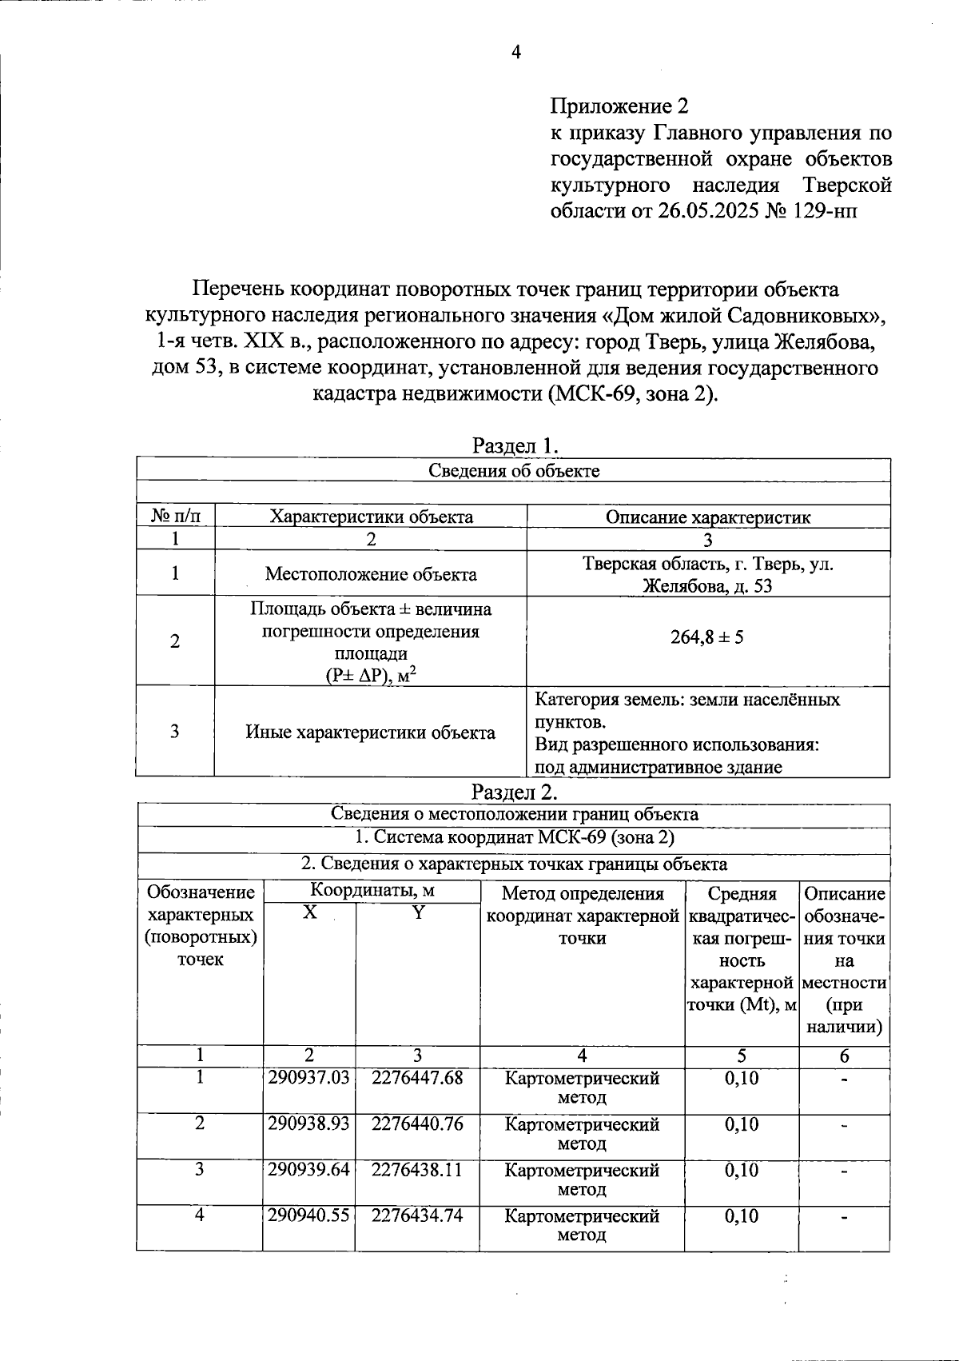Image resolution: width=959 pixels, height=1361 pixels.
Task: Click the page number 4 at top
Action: [x=515, y=53]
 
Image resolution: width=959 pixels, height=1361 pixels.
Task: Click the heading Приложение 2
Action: [x=619, y=106]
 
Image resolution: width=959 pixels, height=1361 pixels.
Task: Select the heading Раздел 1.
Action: [x=514, y=445]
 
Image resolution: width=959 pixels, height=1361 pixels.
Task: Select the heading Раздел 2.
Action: [x=514, y=792]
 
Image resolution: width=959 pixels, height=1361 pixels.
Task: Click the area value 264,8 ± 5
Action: [x=707, y=638]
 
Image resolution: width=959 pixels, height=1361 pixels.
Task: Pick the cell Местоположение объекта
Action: [x=371, y=574]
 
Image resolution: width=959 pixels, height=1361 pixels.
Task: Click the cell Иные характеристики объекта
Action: [x=371, y=732]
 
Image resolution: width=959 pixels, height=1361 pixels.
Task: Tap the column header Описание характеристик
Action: [x=707, y=517]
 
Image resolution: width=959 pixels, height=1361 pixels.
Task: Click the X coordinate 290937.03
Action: [x=308, y=1078]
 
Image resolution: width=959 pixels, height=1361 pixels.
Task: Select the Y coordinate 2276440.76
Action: [x=417, y=1124]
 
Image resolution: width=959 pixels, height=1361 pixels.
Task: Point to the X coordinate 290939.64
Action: [x=308, y=1169]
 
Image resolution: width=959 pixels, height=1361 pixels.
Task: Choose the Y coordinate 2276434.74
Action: [x=417, y=1215]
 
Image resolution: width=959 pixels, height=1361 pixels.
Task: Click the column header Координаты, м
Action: [x=372, y=890]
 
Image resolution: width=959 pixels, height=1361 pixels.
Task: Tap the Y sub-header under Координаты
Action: [x=417, y=912]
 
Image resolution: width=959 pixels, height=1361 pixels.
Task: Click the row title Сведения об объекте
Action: [x=514, y=470]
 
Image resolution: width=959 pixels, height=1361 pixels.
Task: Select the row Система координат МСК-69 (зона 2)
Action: [x=514, y=838]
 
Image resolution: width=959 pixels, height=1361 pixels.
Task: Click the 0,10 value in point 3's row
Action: [x=741, y=1169]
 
